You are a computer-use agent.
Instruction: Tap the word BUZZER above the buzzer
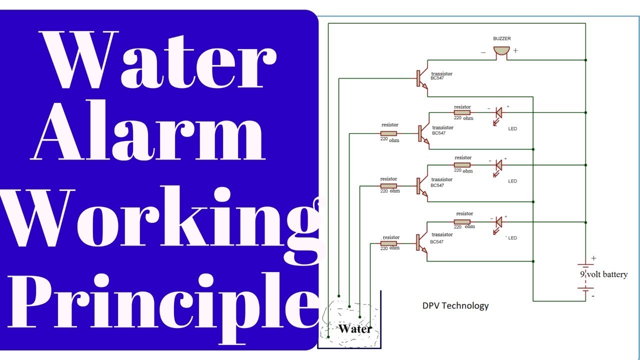(x=502, y=38)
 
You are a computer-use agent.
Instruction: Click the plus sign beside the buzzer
(x=515, y=50)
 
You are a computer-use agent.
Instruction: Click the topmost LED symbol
(x=498, y=113)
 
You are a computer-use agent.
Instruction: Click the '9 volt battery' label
(x=603, y=274)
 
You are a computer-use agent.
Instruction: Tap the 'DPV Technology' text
(x=455, y=305)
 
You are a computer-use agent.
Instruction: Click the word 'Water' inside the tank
(x=354, y=329)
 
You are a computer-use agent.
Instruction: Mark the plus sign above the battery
(x=593, y=258)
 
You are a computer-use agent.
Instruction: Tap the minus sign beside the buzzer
(x=483, y=51)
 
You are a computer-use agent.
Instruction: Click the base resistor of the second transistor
(x=389, y=133)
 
